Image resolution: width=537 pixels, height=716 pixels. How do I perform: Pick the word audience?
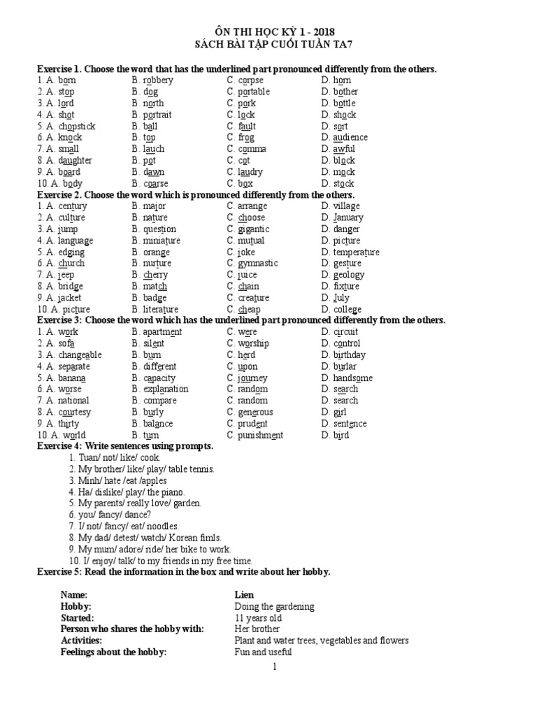(x=350, y=138)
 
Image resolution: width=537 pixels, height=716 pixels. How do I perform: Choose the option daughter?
(x=73, y=161)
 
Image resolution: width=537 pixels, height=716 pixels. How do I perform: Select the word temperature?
(x=356, y=252)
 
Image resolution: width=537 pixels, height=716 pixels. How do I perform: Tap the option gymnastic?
(x=257, y=264)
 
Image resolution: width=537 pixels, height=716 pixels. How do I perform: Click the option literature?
(x=159, y=310)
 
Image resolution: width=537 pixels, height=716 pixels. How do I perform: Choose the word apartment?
(x=162, y=332)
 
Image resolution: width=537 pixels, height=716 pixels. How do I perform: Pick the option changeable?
(x=80, y=355)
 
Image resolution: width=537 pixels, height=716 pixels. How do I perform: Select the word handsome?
(x=352, y=378)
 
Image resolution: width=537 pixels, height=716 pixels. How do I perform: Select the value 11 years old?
(x=258, y=618)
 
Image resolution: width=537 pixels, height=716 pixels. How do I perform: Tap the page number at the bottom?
(x=275, y=667)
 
